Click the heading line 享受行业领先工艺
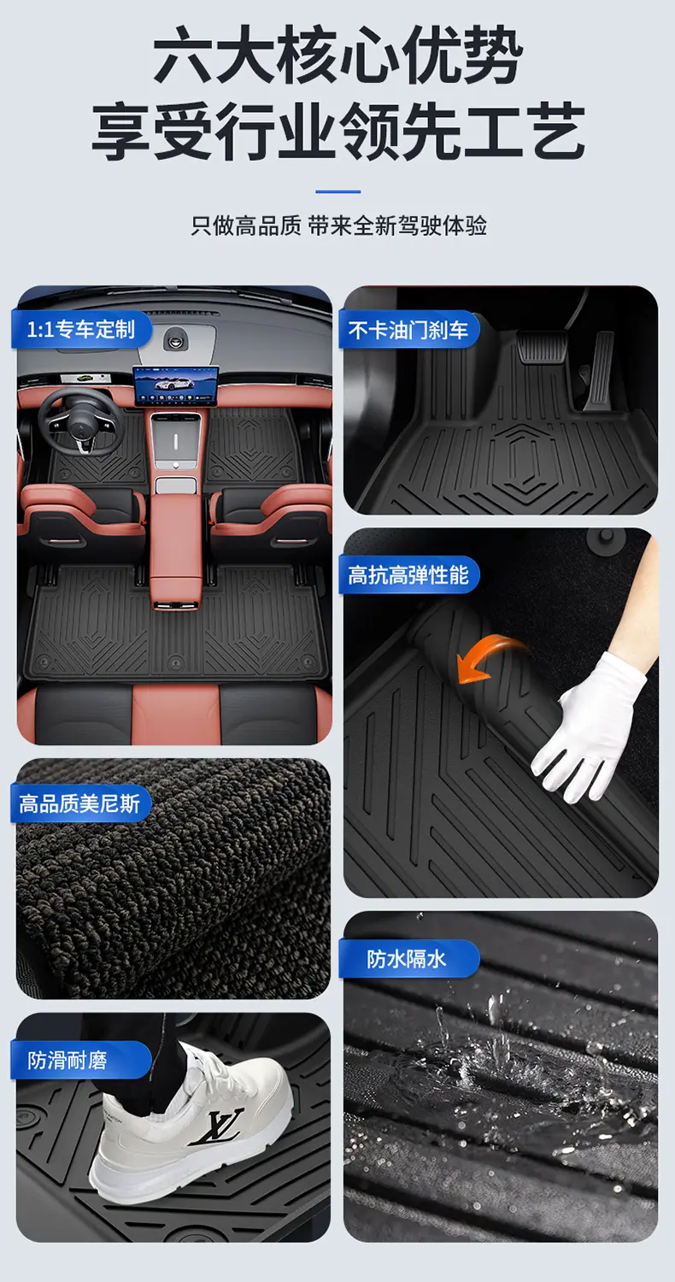coord(337,131)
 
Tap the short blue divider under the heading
coord(337,191)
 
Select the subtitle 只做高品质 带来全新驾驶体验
coord(338,226)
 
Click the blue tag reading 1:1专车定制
coord(81,330)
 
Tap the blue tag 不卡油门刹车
coord(408,330)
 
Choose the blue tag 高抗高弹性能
coord(408,574)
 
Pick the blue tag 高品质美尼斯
coord(80,803)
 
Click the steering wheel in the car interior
coord(81,420)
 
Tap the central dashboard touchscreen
coord(176,385)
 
